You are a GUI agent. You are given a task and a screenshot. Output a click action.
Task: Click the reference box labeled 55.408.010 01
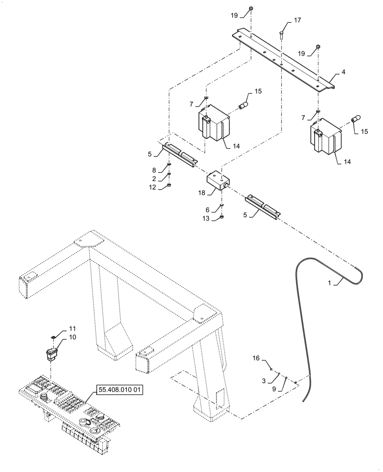pos(119,390)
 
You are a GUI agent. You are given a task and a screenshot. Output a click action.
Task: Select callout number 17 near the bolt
pos(297,20)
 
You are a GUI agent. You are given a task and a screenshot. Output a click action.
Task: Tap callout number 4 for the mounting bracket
pos(343,72)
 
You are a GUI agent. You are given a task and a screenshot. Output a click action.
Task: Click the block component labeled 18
pos(217,182)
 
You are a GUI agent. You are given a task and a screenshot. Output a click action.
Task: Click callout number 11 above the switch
pos(72,328)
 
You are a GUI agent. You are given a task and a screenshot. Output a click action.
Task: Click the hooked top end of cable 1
pos(358,270)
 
